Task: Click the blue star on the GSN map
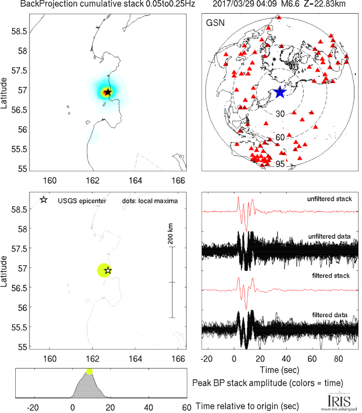279,92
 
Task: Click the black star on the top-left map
108,92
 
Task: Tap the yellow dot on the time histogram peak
89,371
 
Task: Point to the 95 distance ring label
280,164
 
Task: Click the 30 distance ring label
280,114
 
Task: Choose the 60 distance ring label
280,137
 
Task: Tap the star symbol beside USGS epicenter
43,200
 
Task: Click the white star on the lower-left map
108,270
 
